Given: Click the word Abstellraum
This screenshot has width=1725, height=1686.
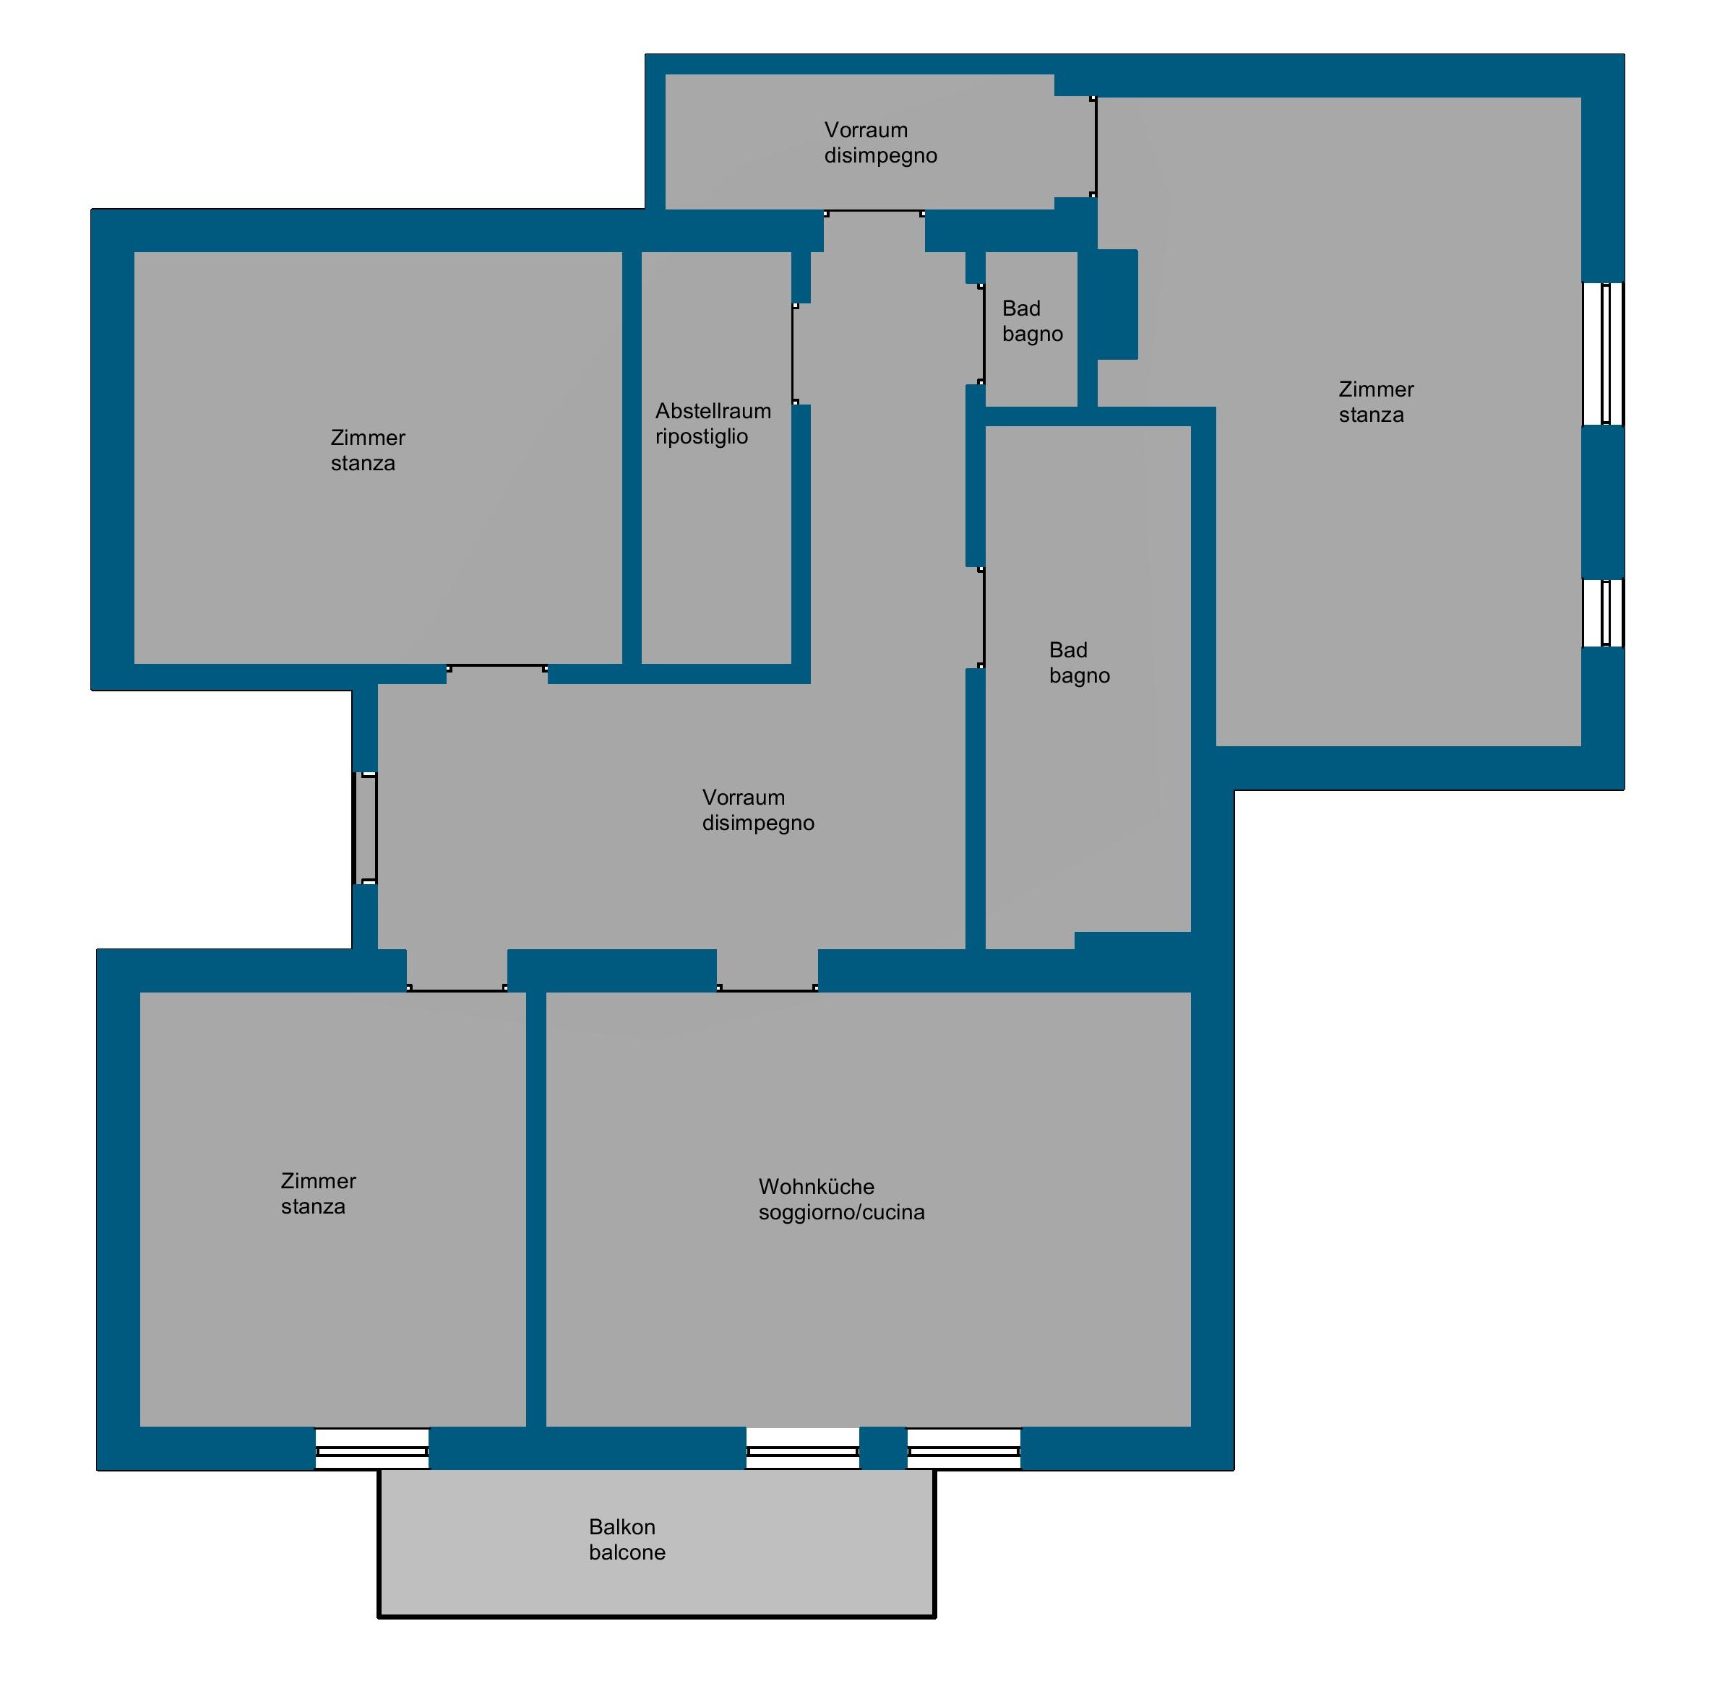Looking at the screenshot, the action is [x=713, y=411].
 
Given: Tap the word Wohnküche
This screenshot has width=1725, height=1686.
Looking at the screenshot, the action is [x=816, y=1187].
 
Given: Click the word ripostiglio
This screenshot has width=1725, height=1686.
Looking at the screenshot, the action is [x=701, y=436].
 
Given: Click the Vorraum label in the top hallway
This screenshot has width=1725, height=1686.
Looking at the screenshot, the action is [x=866, y=130].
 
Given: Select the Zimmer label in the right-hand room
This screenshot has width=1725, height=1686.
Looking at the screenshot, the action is [x=1376, y=389].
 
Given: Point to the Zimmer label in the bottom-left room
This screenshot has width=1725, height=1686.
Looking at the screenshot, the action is [x=318, y=1180].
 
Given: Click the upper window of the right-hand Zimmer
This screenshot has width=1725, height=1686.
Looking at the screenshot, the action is [x=1603, y=353].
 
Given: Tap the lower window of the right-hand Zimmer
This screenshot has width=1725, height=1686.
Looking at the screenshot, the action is [x=1603, y=613].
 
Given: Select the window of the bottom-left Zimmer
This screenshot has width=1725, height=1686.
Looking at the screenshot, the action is [x=372, y=1448].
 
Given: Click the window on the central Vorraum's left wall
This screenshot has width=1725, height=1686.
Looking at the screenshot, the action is [x=365, y=828].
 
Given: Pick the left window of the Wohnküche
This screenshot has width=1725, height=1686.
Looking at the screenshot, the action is [x=803, y=1448].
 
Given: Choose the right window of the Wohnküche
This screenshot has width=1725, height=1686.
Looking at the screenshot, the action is [x=964, y=1448].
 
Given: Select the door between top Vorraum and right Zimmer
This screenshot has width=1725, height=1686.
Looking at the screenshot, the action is [x=1095, y=146].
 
